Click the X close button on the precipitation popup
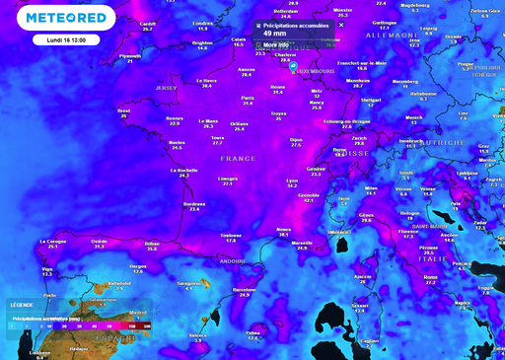341,25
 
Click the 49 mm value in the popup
276,33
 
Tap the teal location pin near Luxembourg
293,66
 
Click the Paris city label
249,98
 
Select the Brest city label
123,110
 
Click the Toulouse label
231,235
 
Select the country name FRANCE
238,158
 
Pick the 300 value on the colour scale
146,324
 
